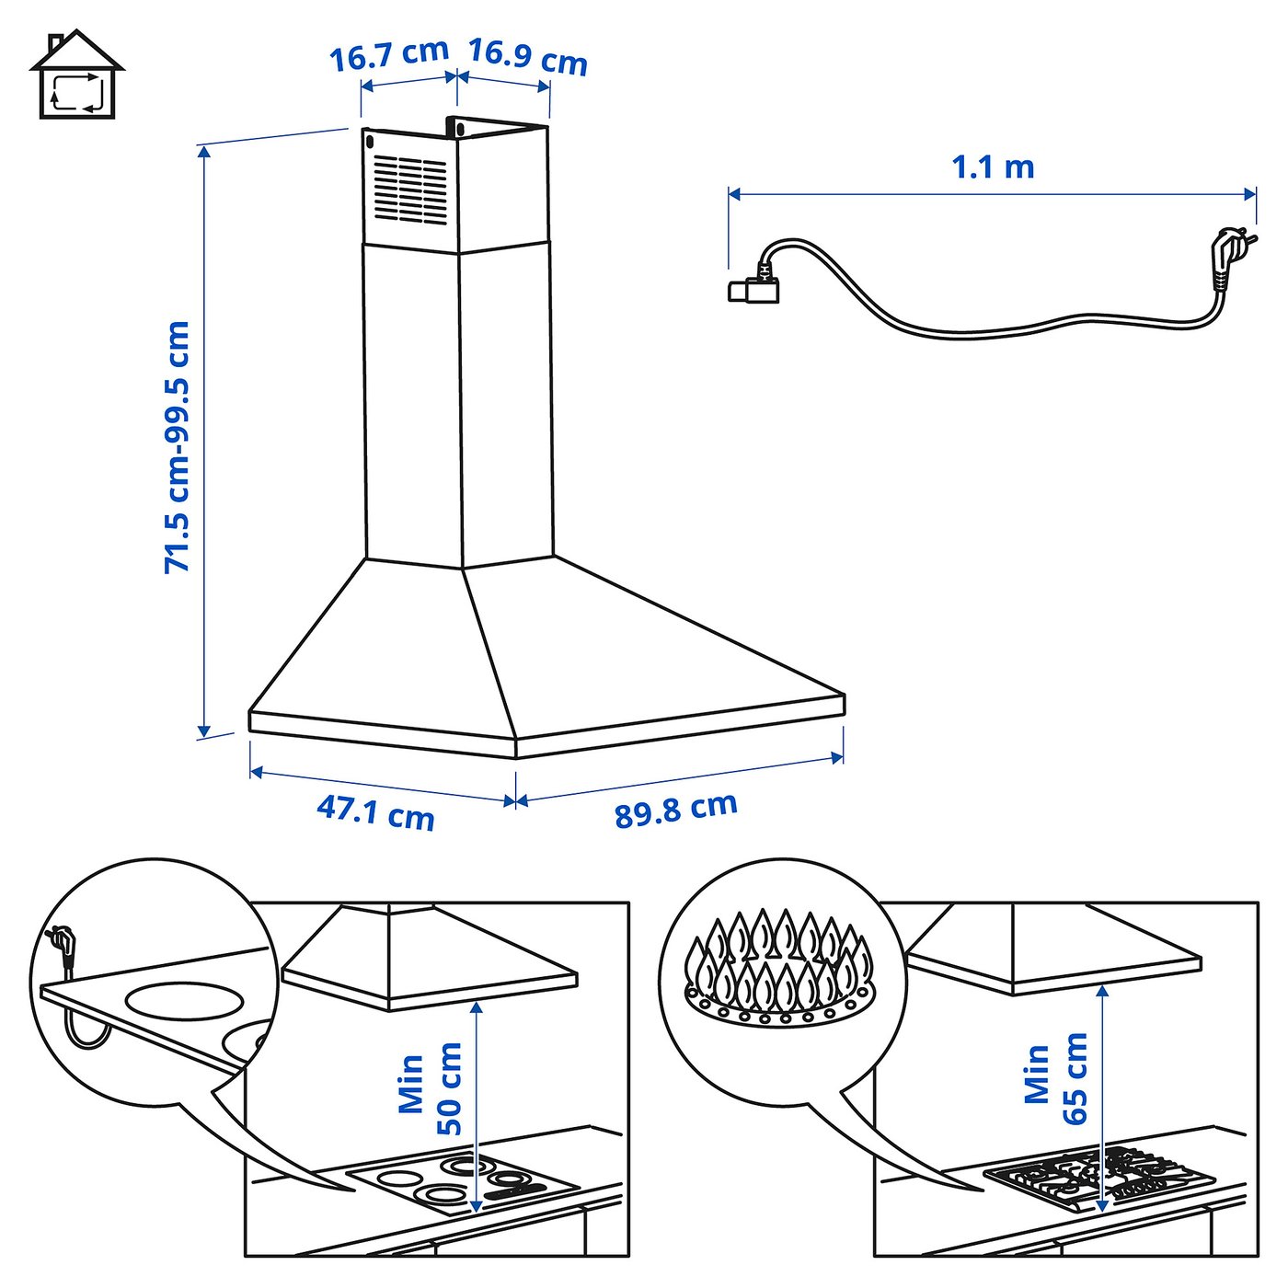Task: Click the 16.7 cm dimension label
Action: click(x=389, y=55)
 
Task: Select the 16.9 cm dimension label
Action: click(x=528, y=56)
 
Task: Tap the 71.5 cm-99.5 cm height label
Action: click(x=177, y=448)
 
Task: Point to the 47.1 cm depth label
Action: click(x=375, y=812)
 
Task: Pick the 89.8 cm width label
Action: click(x=676, y=810)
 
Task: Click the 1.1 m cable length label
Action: click(x=993, y=167)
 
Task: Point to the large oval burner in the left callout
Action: click(x=184, y=1000)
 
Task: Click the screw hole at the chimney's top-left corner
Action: click(x=370, y=143)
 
